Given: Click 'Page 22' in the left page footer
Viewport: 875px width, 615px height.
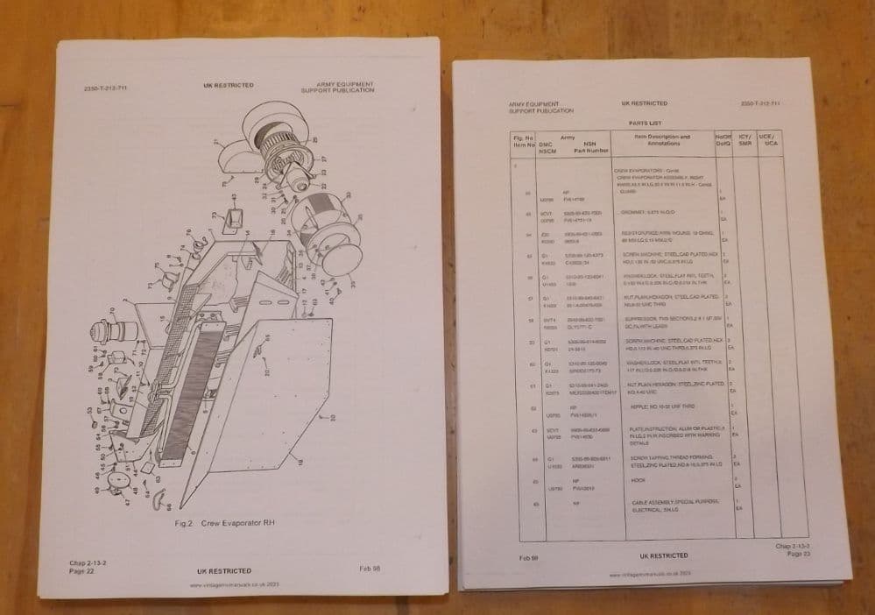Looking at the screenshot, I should pyautogui.click(x=83, y=570).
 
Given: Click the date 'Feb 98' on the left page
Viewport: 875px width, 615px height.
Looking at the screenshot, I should pyautogui.click(x=370, y=569).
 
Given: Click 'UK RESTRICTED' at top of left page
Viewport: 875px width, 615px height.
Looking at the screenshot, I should pyautogui.click(x=229, y=85).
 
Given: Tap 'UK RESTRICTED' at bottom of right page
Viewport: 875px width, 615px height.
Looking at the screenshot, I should pyautogui.click(x=658, y=555).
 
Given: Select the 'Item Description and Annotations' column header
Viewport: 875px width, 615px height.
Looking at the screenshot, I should pyautogui.click(x=661, y=140).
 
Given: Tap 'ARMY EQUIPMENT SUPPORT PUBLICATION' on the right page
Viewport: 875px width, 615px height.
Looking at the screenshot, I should pyautogui.click(x=540, y=108).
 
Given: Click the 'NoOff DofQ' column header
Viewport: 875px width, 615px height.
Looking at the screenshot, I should pyautogui.click(x=723, y=140).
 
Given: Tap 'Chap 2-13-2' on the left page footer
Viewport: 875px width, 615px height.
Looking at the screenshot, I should pyautogui.click(x=87, y=562).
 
